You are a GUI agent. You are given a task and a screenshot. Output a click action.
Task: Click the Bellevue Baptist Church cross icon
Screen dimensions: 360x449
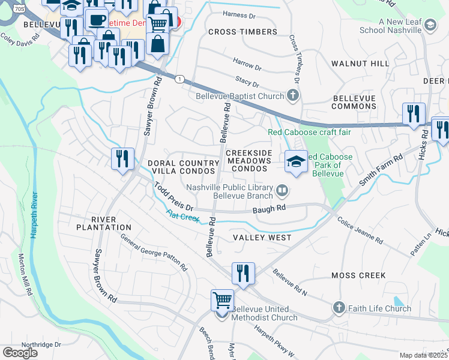(292, 95)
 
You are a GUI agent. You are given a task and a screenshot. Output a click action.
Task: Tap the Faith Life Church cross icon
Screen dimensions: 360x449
(339, 308)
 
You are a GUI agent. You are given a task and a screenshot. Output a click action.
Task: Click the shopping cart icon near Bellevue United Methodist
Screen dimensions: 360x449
(222, 300)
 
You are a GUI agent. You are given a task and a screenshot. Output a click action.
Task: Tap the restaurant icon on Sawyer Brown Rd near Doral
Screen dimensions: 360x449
(122, 159)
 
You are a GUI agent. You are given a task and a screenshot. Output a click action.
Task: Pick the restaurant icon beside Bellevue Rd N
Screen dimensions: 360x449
(243, 273)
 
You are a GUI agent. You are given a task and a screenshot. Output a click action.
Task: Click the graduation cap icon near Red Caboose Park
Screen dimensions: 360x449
(297, 161)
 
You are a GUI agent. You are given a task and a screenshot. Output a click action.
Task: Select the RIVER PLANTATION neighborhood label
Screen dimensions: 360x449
(103, 223)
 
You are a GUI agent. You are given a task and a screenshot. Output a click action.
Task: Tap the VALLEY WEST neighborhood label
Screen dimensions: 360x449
(262, 238)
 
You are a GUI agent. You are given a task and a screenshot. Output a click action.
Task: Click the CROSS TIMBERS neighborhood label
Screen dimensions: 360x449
(243, 32)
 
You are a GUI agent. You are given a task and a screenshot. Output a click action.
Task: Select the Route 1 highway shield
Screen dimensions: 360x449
(179, 79)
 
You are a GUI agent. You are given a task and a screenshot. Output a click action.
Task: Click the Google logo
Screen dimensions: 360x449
(20, 352)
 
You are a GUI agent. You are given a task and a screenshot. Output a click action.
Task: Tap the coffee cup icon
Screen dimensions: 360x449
(96, 19)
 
